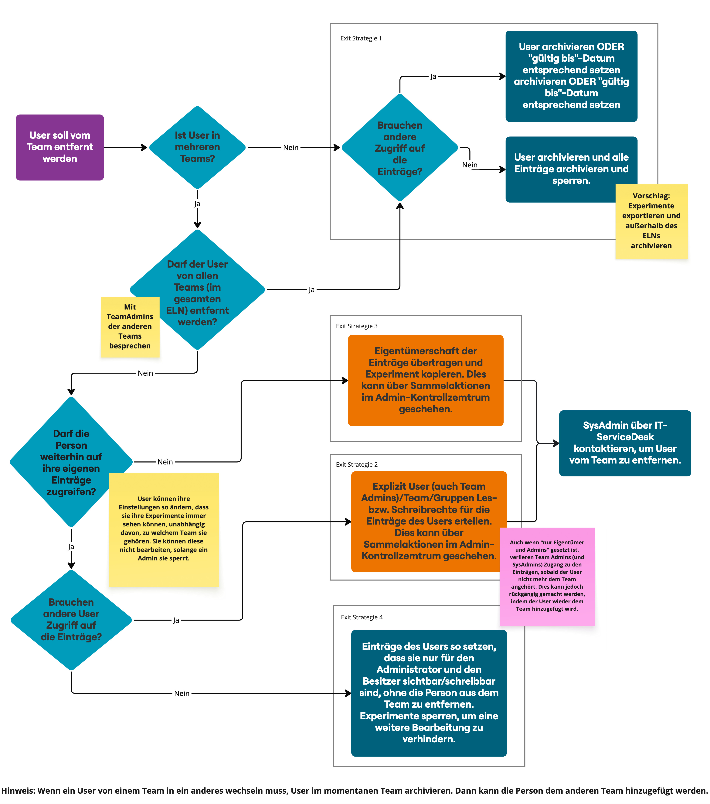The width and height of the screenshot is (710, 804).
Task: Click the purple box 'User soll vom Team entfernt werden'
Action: pos(60,147)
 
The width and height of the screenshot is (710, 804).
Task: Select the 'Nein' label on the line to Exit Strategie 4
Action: pos(182,693)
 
